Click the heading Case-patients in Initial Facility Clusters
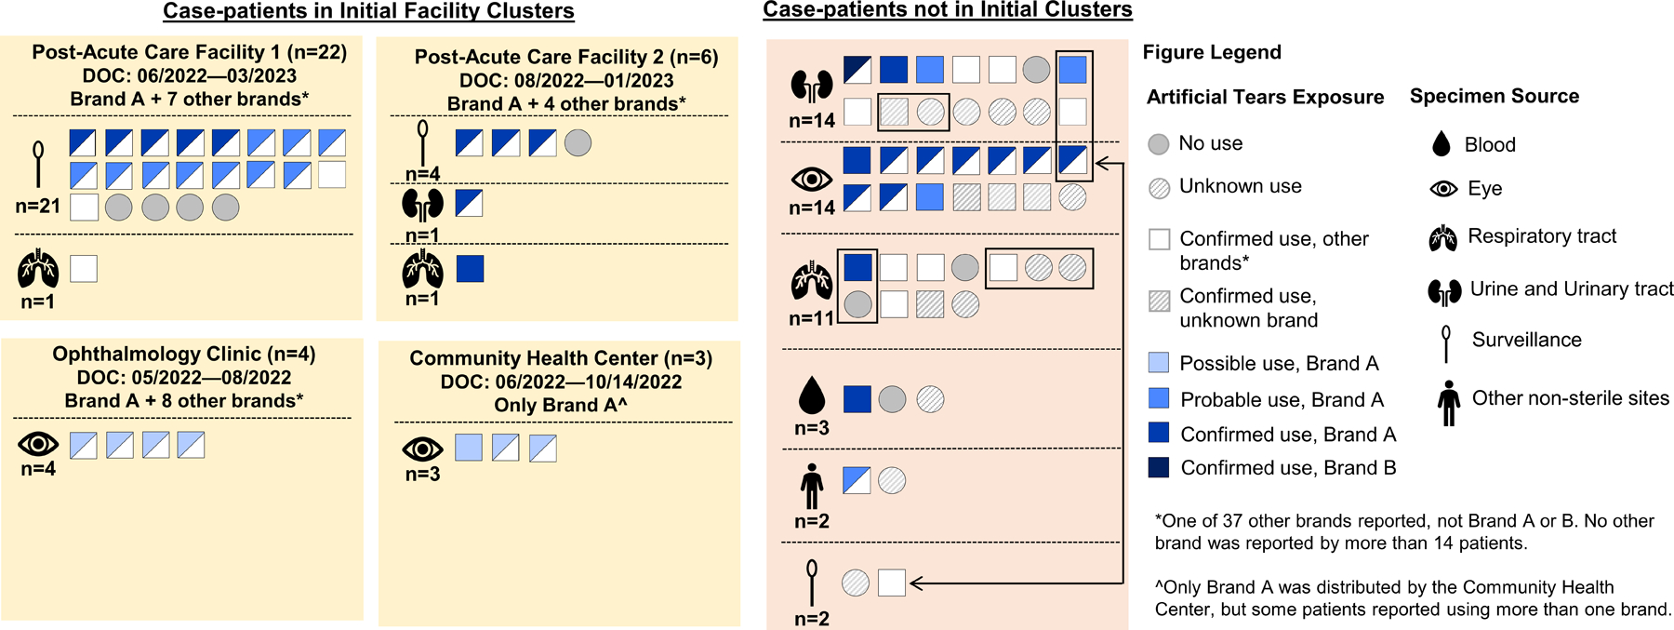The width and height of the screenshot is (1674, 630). (368, 11)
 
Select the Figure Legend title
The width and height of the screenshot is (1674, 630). (1212, 52)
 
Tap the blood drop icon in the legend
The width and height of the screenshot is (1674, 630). (1441, 143)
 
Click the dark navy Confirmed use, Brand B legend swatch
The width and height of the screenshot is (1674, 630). (1159, 467)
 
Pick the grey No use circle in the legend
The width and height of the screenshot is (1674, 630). (1159, 143)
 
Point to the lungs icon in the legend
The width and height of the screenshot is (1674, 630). (1442, 238)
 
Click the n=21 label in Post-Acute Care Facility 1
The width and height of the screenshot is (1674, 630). (37, 206)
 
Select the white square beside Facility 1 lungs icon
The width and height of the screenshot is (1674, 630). (84, 269)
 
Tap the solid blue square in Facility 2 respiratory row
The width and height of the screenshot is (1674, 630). (470, 269)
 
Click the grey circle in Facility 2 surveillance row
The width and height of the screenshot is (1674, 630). (578, 142)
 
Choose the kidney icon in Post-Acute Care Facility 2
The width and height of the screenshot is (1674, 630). (422, 204)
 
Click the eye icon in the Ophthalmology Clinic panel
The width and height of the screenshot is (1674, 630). (38, 444)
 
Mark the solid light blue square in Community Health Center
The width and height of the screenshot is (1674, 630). (469, 448)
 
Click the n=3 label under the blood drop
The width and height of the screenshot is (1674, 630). (811, 428)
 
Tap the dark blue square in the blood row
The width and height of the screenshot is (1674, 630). (857, 399)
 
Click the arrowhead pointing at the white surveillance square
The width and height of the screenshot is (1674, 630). (916, 583)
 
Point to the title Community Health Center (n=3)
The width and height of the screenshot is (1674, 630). (561, 358)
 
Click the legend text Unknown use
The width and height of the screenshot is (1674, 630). (1240, 186)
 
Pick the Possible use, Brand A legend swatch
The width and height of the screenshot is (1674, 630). (1159, 363)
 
